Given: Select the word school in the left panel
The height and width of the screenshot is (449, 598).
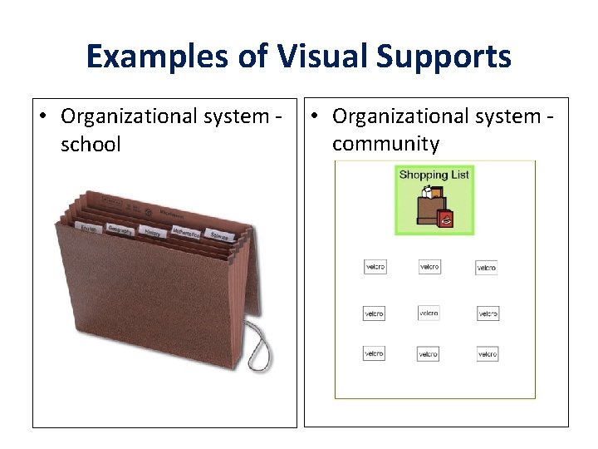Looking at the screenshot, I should [91, 144].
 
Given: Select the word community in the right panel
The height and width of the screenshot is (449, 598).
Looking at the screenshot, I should [385, 143].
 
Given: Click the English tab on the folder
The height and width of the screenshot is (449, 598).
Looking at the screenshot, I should [88, 228].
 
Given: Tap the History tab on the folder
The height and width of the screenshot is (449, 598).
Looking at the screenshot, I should [152, 234].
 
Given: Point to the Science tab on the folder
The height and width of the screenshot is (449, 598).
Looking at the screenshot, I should [219, 236].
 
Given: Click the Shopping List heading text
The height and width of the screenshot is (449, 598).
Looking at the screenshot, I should [434, 175].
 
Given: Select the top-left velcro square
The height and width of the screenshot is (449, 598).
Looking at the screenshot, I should [375, 267].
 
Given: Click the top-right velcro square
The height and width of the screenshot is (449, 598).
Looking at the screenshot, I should [487, 268].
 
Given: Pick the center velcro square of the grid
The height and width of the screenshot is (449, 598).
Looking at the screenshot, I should [429, 313].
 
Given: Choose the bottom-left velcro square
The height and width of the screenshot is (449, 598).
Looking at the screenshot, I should [374, 353].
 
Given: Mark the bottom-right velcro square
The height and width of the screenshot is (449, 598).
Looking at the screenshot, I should [488, 354].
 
